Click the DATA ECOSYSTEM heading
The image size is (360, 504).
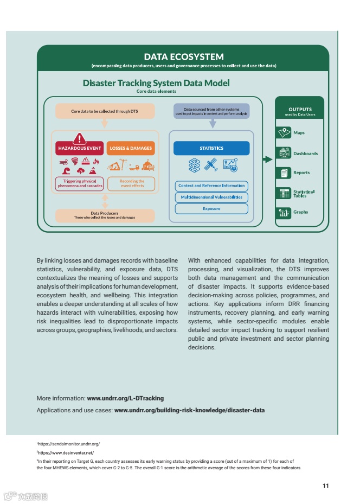(184, 56)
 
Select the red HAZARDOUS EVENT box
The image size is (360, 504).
(80, 148)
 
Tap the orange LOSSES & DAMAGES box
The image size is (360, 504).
(131, 148)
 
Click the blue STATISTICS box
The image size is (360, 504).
(211, 148)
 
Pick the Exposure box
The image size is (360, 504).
(211, 208)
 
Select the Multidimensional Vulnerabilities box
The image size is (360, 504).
(211, 197)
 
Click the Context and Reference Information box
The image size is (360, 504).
(211, 186)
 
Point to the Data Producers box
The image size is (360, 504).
(105, 215)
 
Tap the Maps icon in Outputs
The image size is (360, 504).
(284, 133)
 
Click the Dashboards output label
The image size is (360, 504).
(305, 154)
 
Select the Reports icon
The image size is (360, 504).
(284, 173)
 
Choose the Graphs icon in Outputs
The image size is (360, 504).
(284, 212)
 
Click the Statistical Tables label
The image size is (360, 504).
(304, 193)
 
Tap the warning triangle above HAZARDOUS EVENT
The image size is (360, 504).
(80, 138)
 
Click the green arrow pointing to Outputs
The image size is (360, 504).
(267, 160)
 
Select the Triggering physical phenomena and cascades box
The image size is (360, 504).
(80, 183)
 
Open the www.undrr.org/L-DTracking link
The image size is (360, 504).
(125, 398)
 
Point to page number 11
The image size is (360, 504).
(325, 486)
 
